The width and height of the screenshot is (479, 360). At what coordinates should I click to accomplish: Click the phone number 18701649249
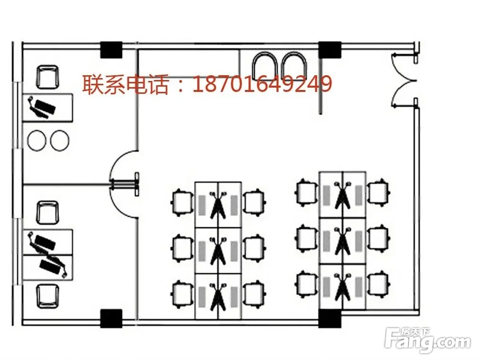[262, 84]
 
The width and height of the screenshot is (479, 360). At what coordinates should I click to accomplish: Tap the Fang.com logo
[430, 338]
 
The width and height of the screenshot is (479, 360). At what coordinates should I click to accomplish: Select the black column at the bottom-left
[111, 317]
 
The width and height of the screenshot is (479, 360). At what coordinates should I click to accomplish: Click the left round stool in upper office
[36, 140]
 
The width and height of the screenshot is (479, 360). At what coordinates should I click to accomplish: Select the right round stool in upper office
[60, 140]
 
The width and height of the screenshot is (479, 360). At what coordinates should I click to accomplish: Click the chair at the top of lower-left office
[48, 212]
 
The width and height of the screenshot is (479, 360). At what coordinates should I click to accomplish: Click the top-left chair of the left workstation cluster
[181, 201]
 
